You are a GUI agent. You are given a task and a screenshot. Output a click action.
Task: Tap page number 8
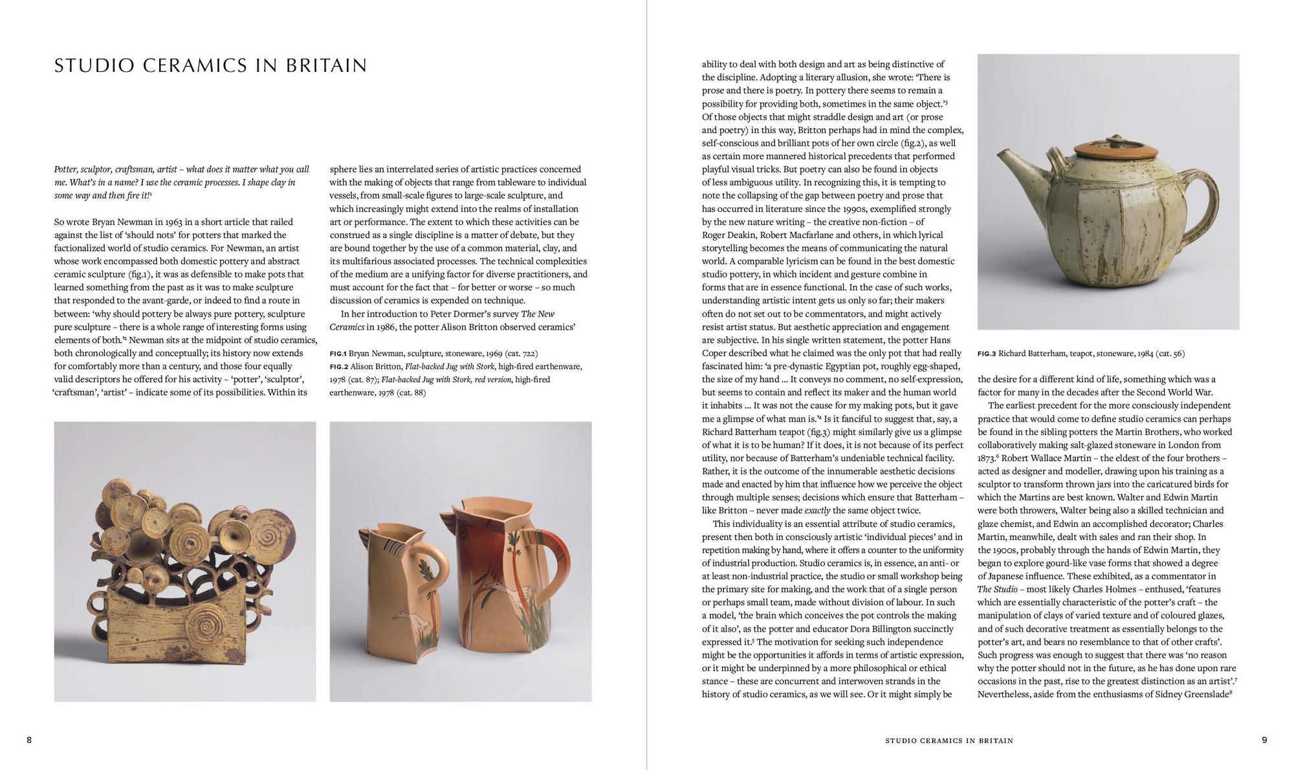click(29, 740)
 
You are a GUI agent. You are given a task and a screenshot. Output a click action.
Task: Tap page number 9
click(1264, 740)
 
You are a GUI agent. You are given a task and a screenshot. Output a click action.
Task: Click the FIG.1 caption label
click(338, 354)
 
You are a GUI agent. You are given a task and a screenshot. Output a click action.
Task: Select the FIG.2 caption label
click(338, 367)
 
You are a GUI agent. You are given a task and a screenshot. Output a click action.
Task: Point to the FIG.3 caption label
click(987, 354)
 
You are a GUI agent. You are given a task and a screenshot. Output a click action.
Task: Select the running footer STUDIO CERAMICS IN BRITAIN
click(949, 740)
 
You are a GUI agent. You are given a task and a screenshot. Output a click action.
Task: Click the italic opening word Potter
click(67, 169)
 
